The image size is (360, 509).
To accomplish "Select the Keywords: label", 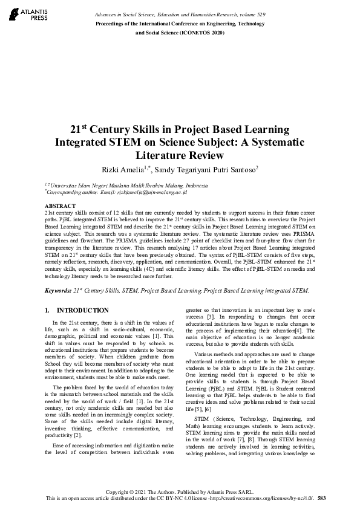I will click(x=58, y=291).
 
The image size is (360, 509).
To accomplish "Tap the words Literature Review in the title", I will click(x=180, y=155).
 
